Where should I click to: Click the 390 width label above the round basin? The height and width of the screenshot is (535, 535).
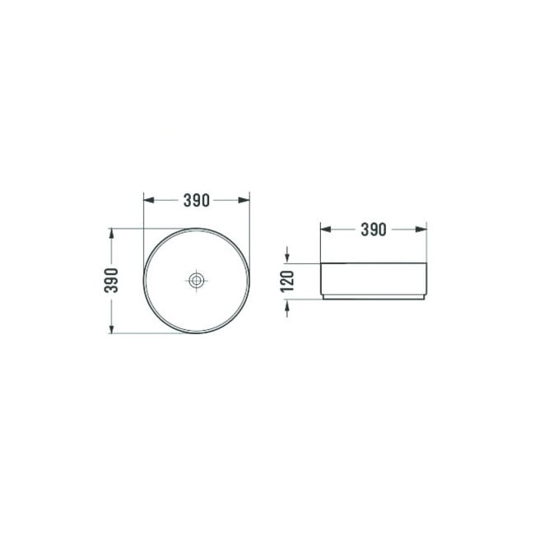point(196,200)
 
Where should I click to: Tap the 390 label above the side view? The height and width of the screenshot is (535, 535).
point(373,230)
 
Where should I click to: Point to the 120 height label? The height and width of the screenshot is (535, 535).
point(287,281)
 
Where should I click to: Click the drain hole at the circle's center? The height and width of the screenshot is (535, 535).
point(196,281)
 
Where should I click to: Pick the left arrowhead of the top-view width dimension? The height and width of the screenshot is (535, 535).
point(149,200)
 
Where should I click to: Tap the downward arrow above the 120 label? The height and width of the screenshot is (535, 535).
point(287,256)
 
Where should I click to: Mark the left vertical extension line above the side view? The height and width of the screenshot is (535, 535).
point(319,243)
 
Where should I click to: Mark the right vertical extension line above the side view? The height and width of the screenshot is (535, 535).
point(427,243)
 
